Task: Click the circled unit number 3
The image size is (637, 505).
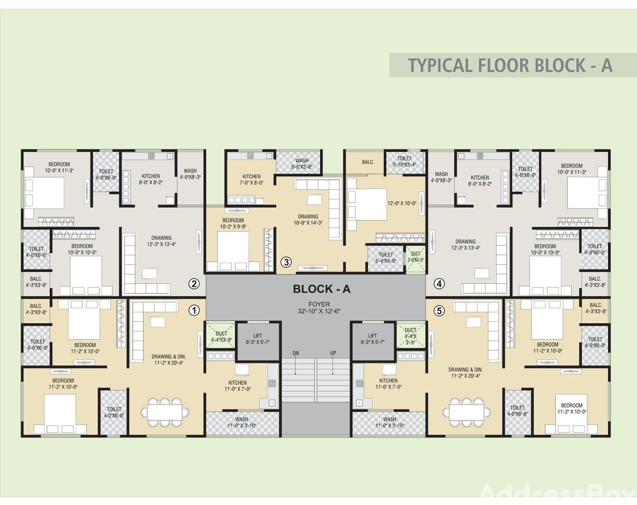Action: coord(286,262)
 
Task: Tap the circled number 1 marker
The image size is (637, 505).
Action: coord(194,310)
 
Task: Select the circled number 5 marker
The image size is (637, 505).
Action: coord(439,311)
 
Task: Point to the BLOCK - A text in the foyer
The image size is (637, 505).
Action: coord(322,289)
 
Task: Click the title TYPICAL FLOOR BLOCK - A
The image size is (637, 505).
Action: coord(510,65)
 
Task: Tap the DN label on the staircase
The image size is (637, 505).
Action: coord(296,353)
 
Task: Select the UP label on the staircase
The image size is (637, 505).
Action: coord(333,353)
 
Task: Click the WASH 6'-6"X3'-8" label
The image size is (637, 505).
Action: coord(302,164)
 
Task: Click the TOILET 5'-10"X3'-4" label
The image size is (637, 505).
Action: coord(404,162)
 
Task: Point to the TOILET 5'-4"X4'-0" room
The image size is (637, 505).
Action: coord(386,258)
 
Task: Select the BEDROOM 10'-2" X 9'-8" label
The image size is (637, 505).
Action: coord(233,223)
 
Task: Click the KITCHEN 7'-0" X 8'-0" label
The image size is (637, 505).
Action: coord(252,179)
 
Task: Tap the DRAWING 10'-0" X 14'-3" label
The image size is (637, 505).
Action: coord(308,220)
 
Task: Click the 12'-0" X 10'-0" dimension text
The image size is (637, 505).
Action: coord(402,203)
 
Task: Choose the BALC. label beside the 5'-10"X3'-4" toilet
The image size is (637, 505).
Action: coord(368,162)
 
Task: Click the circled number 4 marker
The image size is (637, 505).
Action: coord(439,284)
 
